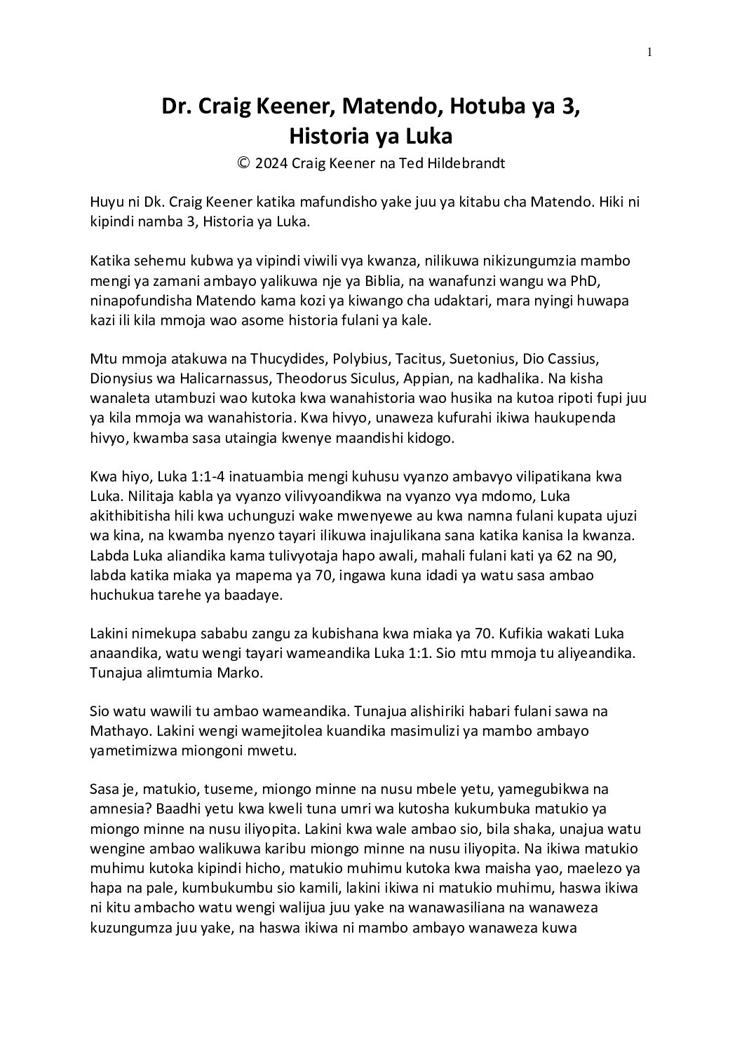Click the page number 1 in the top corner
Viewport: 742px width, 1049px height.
click(x=651, y=51)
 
